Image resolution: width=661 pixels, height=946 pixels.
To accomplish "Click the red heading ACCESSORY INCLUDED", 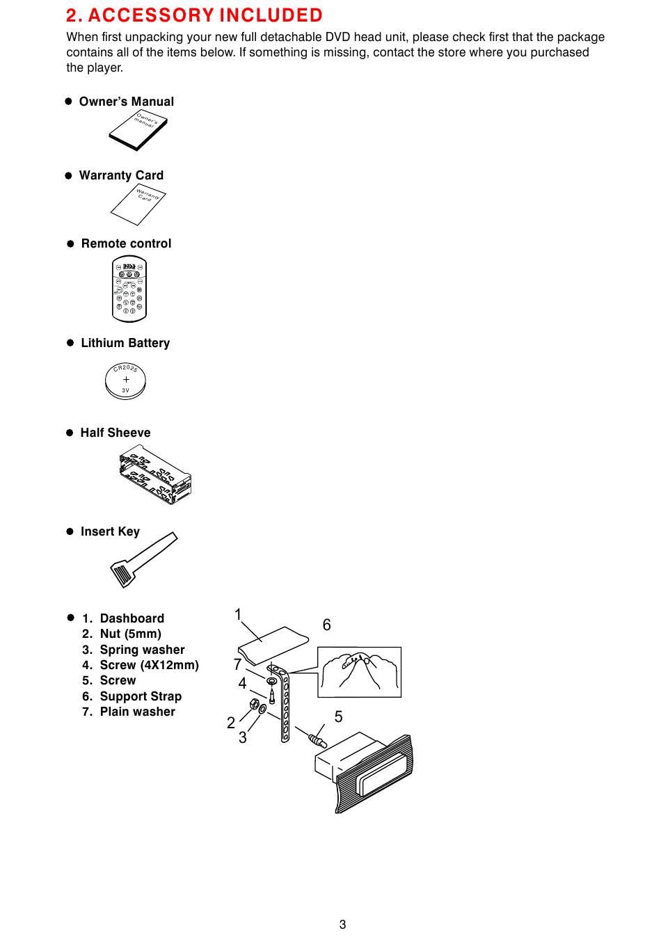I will [194, 15].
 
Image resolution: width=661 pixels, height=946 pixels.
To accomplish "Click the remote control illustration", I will [130, 290].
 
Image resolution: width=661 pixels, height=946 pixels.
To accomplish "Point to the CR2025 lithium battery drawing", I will [126, 380].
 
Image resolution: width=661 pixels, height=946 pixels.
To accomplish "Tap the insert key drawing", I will [142, 559].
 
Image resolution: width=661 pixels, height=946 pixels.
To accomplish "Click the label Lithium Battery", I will [125, 343].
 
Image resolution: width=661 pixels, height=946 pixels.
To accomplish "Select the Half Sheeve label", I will [115, 433].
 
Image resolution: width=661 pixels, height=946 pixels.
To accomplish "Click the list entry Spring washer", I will [142, 650].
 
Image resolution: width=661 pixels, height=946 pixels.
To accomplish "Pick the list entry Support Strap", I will [141, 696].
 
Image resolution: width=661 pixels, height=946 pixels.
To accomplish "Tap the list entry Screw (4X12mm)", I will [149, 665].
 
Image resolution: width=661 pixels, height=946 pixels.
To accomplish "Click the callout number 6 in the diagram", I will [327, 625].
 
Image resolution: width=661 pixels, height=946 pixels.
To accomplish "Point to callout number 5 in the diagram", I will [339, 716].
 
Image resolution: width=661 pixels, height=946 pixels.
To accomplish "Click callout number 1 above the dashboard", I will [238, 615].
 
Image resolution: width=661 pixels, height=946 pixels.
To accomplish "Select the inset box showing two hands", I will [359, 672].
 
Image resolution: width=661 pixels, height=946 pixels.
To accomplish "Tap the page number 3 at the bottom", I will [342, 924].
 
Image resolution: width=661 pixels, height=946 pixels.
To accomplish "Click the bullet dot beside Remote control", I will [70, 244].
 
